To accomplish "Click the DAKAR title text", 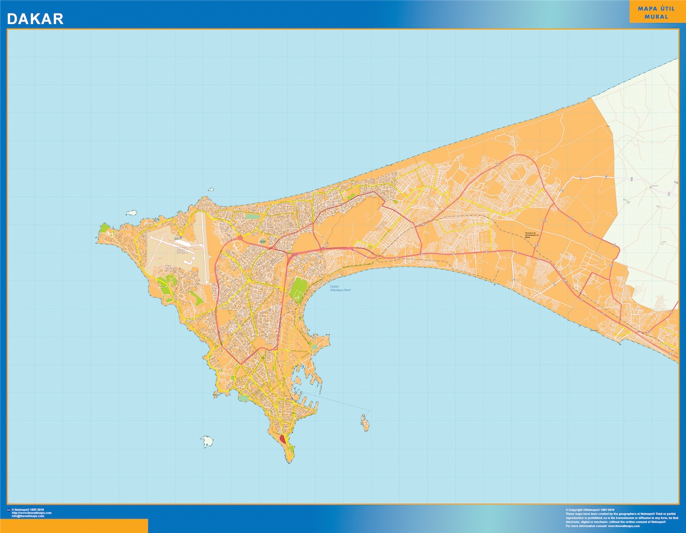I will [x=35, y=19].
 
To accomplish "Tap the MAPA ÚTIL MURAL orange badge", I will [x=657, y=12].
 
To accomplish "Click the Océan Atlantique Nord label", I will [x=340, y=288].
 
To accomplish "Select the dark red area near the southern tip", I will [x=283, y=439].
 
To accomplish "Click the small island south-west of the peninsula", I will [x=207, y=441].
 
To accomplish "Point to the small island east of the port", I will [x=364, y=422].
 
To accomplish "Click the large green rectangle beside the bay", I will [x=298, y=289].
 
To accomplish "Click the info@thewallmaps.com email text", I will [x=31, y=516].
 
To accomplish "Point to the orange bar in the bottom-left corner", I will [x=74, y=525].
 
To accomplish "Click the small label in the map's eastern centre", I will [x=517, y=235].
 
